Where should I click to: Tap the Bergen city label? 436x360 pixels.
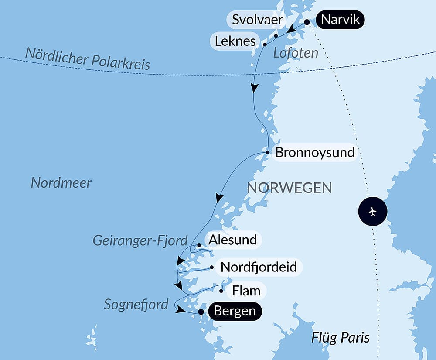tap(235, 312)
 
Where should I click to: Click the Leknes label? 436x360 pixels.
tap(235, 41)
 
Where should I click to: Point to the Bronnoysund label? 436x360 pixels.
tap(315, 153)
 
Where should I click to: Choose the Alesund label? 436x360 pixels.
tap(232, 240)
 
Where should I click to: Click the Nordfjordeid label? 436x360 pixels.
tap(259, 267)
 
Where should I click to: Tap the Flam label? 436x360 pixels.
tap(246, 290)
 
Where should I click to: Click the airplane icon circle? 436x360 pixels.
tap(372, 212)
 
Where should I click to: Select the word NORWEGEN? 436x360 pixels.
tap(290, 188)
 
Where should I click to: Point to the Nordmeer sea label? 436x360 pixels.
tap(61, 182)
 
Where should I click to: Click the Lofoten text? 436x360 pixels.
tap(296, 53)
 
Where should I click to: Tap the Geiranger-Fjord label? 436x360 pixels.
tap(140, 240)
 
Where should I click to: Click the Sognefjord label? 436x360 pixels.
tap(136, 304)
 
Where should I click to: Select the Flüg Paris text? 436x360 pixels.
tap(341, 337)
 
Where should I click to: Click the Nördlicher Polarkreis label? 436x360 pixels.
tap(88, 59)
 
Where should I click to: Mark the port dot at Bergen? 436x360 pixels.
tap(201, 312)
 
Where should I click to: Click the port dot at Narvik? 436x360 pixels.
tap(307, 22)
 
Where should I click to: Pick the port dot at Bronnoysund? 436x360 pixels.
tap(268, 152)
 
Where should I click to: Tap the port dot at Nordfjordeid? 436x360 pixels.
tap(211, 267)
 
